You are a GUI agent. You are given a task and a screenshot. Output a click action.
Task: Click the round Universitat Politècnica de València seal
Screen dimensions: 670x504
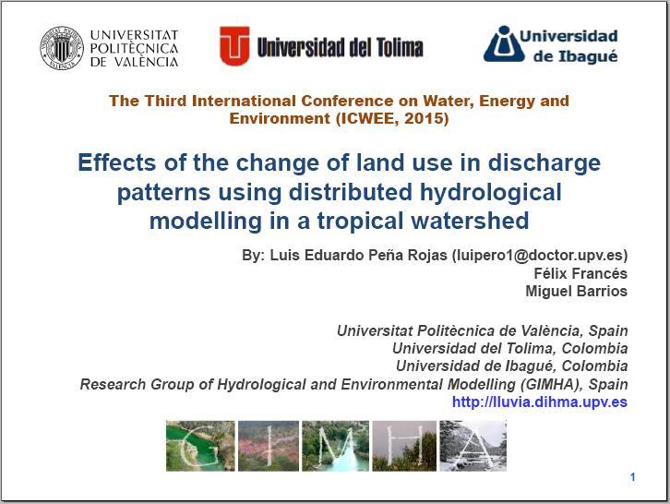tap(62, 48)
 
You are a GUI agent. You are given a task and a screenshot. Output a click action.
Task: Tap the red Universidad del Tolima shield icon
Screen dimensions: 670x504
tap(234, 46)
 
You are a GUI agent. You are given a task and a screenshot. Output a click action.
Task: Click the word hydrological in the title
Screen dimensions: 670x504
tap(491, 192)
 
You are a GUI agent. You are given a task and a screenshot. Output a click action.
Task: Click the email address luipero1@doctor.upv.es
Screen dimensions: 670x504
tap(540, 255)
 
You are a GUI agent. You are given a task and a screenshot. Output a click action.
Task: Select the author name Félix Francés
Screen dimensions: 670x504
tap(580, 273)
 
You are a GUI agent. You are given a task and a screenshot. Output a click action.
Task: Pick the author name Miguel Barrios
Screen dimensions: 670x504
tap(576, 291)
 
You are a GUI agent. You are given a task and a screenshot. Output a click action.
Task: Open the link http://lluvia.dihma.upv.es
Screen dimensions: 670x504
tap(540, 402)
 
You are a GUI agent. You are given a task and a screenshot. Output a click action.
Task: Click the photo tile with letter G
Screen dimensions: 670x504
tap(200, 446)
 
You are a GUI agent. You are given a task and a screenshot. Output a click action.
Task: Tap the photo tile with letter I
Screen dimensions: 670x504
tap(269, 446)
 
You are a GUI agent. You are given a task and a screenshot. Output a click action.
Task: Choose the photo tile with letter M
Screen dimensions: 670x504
tap(335, 446)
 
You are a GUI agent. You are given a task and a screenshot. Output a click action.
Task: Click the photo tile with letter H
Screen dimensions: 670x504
tap(404, 446)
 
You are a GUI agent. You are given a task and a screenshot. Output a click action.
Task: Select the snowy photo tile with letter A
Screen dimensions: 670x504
tap(473, 446)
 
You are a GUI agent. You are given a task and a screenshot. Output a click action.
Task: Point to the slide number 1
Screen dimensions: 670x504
tap(633, 477)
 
